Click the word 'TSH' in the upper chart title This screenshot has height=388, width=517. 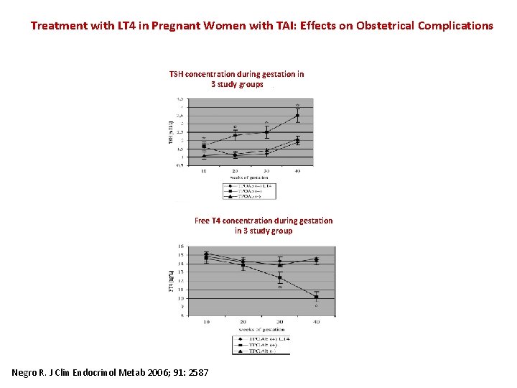pyautogui.click(x=177, y=74)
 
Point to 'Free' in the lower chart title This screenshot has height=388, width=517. pyautogui.click(x=202, y=221)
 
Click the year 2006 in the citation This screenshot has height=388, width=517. pyautogui.click(x=162, y=372)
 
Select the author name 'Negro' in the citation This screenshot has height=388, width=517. pyautogui.click(x=28, y=372)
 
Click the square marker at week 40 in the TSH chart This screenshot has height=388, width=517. pyautogui.click(x=297, y=116)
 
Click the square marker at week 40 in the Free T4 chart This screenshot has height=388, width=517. pyautogui.click(x=316, y=297)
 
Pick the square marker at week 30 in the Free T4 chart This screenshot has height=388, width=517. pyautogui.click(x=280, y=277)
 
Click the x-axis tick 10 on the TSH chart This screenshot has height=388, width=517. pyautogui.click(x=204, y=171)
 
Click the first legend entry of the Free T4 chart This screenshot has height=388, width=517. pyautogui.click(x=261, y=338)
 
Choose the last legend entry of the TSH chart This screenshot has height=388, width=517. pyautogui.click(x=249, y=195)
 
